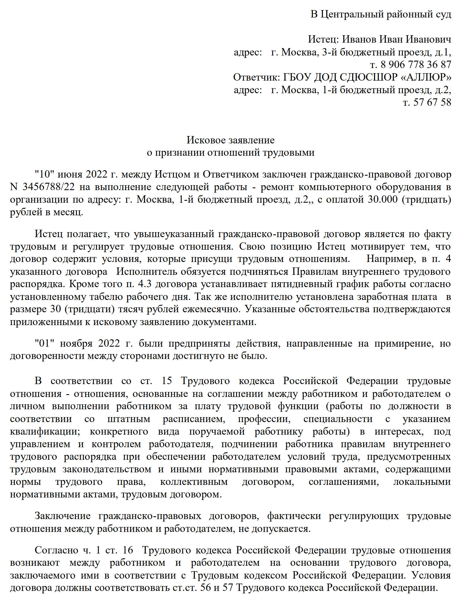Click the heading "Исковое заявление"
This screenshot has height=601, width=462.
[x=230, y=140]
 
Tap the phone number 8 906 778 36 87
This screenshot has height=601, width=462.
[x=416, y=65]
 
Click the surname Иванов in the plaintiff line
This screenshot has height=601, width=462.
[x=359, y=39]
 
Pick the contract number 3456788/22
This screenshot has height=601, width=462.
[x=49, y=187]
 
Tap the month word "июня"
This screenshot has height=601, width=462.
[x=70, y=174]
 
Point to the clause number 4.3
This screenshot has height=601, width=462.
[x=145, y=284]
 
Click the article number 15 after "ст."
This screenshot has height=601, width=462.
[x=167, y=381]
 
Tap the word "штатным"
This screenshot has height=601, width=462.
[x=129, y=419]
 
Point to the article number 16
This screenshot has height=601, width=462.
[x=128, y=550]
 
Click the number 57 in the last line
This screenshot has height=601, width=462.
[x=227, y=588]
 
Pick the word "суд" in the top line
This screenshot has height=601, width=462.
[x=443, y=14]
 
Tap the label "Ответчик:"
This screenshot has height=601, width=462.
[x=256, y=77]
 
